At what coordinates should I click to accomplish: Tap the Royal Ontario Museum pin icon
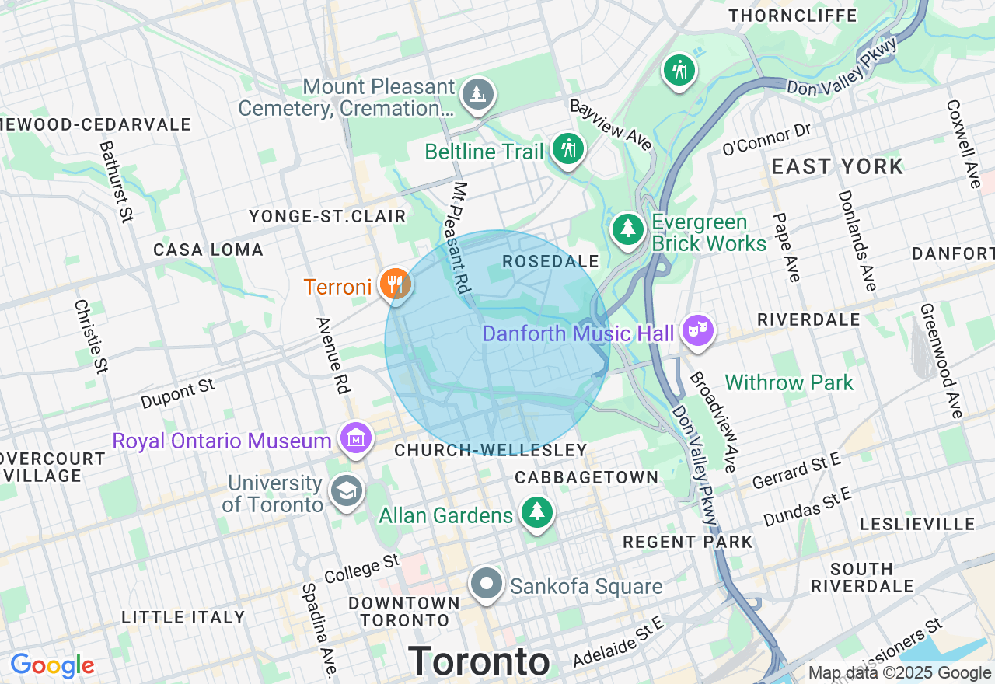[x=355, y=438]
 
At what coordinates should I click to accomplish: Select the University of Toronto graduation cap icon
[x=346, y=490]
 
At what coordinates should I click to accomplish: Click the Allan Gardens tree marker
[x=536, y=512]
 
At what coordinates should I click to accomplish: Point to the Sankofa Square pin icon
[x=487, y=584]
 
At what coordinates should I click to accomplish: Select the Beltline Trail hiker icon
[x=568, y=148]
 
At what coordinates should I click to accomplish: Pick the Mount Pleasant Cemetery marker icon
[x=477, y=94]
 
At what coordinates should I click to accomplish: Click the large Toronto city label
[x=479, y=661]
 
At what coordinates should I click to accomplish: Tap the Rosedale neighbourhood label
[x=550, y=262]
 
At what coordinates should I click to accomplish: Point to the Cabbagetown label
[x=586, y=476]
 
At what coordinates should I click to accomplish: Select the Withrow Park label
[x=789, y=382]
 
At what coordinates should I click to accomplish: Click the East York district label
[x=837, y=166]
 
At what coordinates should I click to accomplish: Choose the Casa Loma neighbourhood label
[x=208, y=250]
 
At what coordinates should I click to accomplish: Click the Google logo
[x=52, y=665]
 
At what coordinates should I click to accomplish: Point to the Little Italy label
[x=183, y=617]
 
